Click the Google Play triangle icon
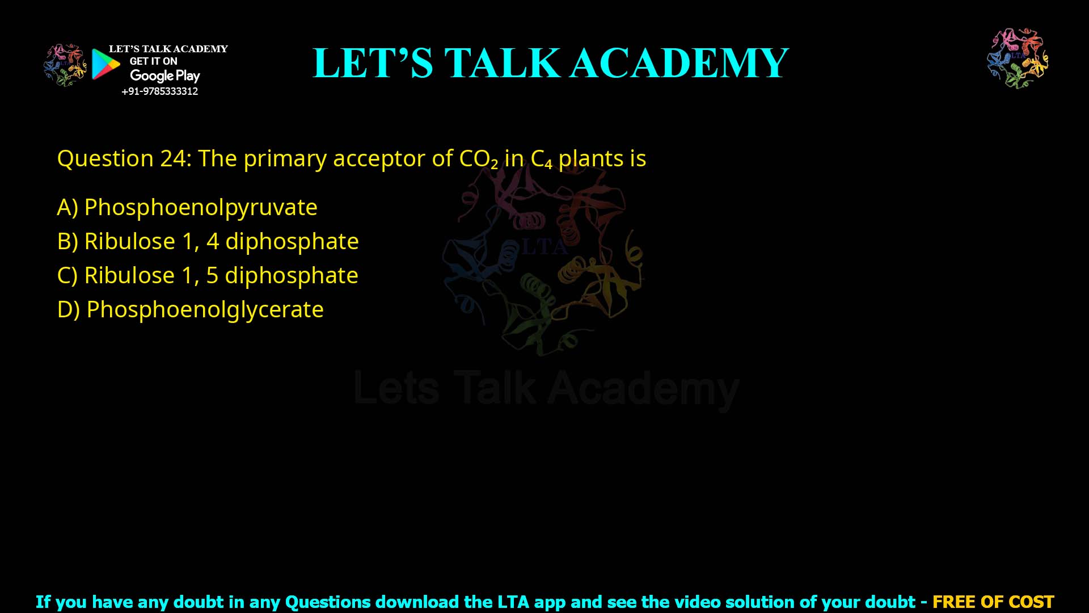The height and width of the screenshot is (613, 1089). [x=105, y=64]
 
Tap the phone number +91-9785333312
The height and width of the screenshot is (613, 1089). [x=159, y=91]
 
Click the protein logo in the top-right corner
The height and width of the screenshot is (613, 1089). [x=1018, y=58]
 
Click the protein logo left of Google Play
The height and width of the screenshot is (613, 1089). [x=65, y=65]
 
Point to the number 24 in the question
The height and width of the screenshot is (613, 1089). [x=172, y=159]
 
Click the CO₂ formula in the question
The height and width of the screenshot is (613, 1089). [x=478, y=159]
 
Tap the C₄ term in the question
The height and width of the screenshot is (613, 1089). [x=541, y=159]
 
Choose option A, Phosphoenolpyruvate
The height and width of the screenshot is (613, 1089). [x=187, y=207]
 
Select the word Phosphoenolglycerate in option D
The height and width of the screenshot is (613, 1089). [x=205, y=310]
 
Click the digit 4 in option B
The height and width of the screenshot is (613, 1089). [x=213, y=242]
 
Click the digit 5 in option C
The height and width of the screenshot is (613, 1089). [x=212, y=276]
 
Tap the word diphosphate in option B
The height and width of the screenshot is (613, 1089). [x=292, y=242]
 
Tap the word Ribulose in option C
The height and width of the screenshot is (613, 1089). [x=129, y=276]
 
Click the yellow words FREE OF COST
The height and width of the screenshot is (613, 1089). [x=993, y=602]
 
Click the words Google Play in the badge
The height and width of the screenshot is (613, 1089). [x=164, y=75]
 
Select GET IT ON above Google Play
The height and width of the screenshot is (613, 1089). [x=153, y=61]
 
